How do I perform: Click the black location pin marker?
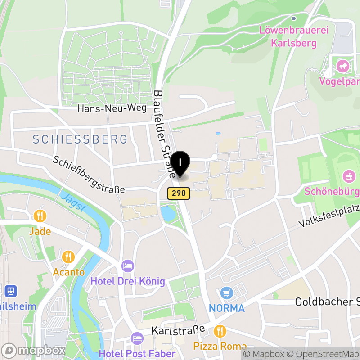[180, 163]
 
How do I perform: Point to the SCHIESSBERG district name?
[80, 139]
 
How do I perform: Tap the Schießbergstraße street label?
[89, 175]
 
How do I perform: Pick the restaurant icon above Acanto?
[68, 257]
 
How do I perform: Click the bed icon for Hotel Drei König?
[128, 266]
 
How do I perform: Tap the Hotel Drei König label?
[128, 282]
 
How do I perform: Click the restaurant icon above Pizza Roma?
[220, 331]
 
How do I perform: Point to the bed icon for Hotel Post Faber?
[137, 338]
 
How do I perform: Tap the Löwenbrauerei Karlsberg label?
[294, 37]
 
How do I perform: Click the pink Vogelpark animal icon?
[343, 67]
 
